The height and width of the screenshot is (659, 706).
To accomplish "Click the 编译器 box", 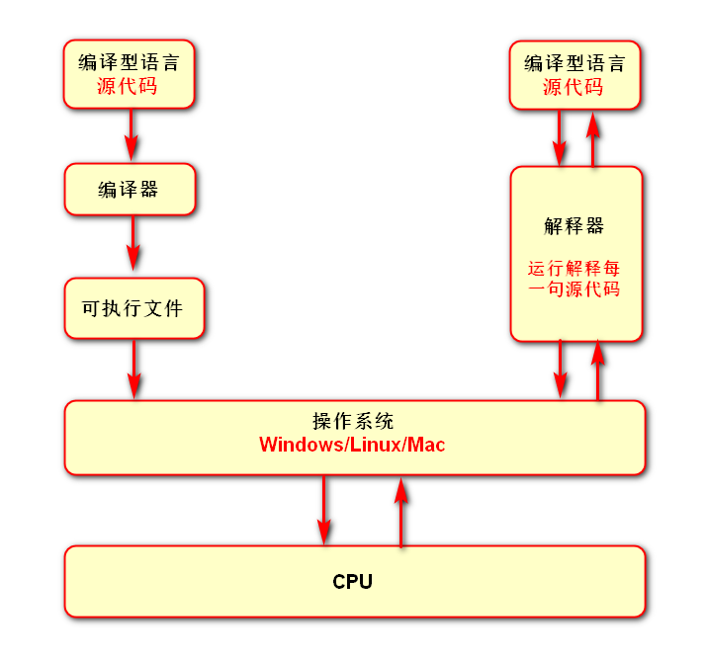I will tap(130, 190).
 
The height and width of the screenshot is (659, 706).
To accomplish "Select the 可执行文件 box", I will tap(133, 308).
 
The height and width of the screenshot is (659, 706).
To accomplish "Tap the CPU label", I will tap(352, 582).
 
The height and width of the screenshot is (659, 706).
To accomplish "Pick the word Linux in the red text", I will tap(375, 445).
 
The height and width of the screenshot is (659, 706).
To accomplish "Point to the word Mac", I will tap(427, 445).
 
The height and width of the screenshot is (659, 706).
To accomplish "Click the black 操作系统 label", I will tap(353, 420).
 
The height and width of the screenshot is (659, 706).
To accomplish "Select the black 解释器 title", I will tap(574, 225).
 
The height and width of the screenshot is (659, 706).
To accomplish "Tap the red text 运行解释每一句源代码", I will tap(574, 279).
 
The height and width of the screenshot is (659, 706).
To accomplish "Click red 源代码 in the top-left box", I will tap(129, 87).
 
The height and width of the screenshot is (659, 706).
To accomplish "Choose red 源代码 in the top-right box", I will tap(574, 87).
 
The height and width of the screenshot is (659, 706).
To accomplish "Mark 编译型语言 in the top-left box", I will tap(129, 63).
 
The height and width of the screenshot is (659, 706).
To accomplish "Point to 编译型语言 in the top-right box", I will tap(574, 63).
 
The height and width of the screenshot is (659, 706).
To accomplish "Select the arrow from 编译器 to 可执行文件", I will tap(132, 243).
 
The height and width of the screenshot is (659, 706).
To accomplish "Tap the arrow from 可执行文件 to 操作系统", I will tap(133, 370).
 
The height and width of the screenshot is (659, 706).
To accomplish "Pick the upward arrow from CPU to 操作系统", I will tap(400, 511).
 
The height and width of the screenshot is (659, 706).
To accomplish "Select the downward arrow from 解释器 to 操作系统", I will tap(561, 370).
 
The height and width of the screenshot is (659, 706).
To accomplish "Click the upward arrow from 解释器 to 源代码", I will tap(594, 137).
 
